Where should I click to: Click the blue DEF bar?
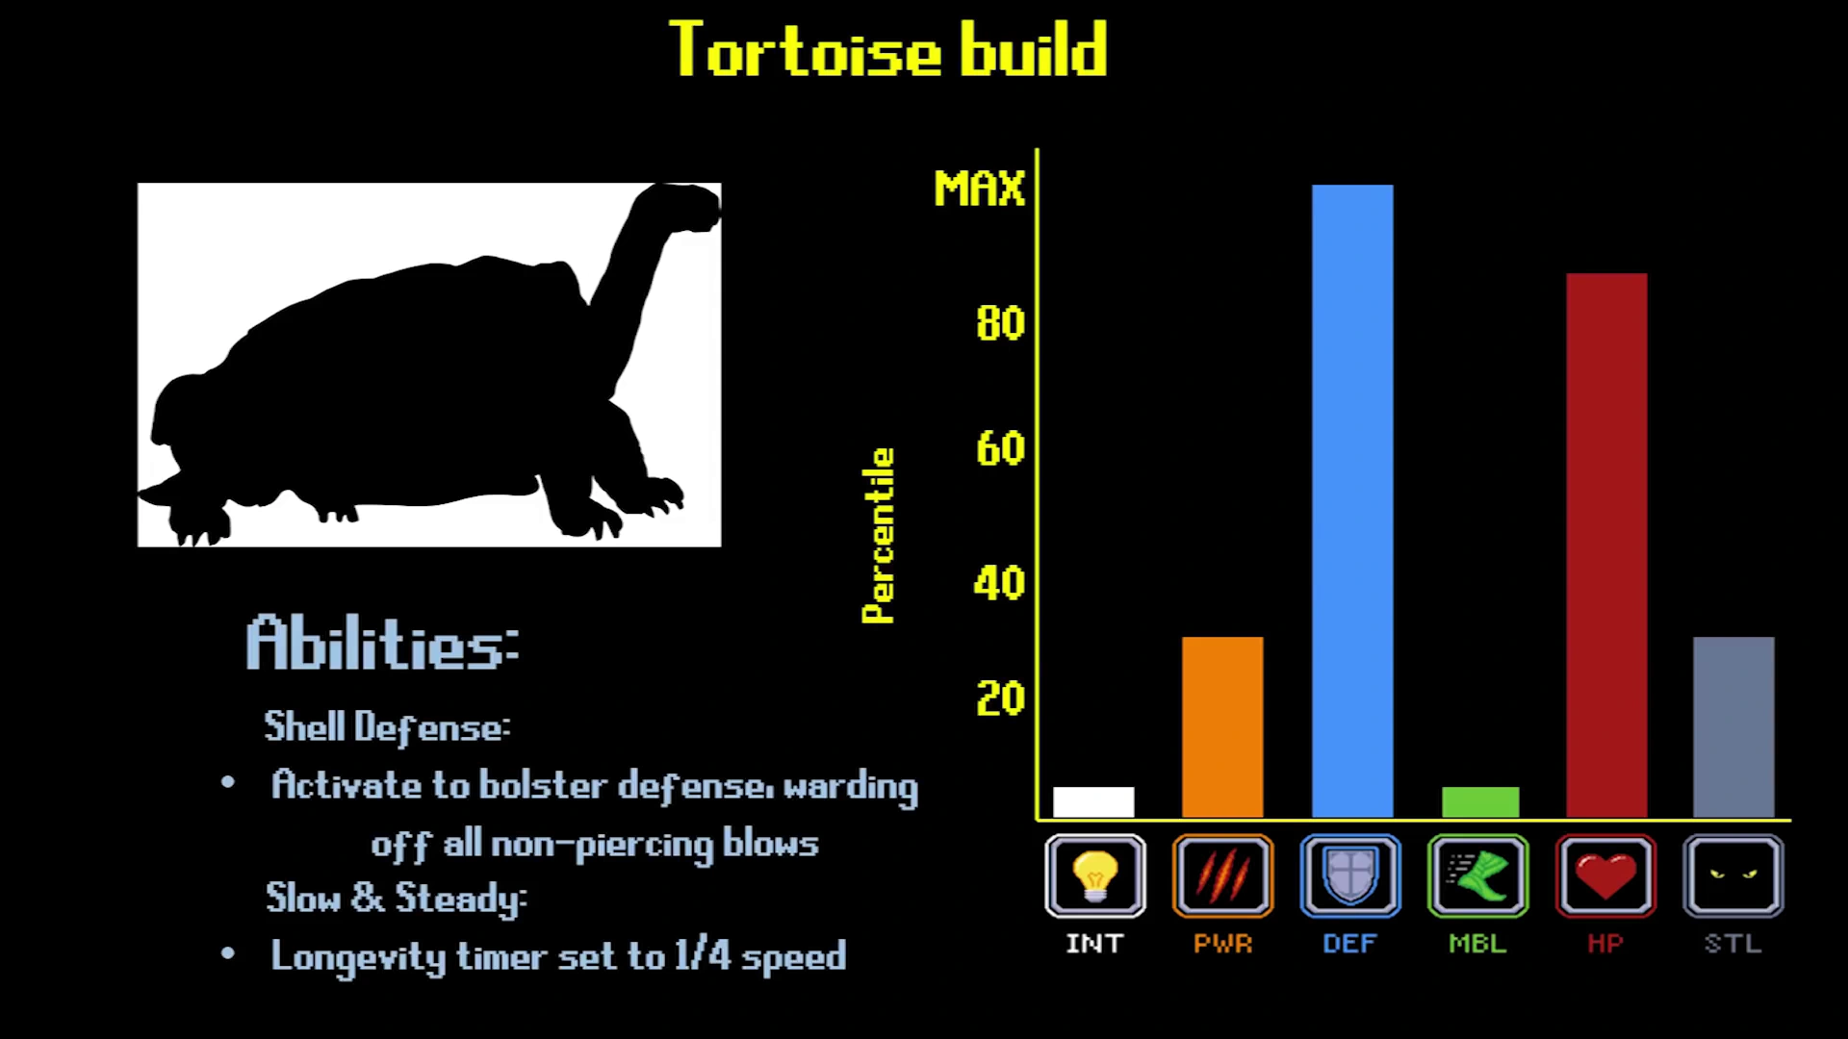1352,501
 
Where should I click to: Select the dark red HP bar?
1606,545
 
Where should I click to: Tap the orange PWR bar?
1222,727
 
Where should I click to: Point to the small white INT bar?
1093,802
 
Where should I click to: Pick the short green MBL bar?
1480,802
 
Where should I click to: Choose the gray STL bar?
1733,727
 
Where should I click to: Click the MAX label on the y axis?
979,189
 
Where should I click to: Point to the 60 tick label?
1000,449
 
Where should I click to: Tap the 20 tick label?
1000,699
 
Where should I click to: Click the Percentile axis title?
878,536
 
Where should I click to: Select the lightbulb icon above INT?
1095,875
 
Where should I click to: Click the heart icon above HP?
1605,875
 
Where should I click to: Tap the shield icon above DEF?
1350,875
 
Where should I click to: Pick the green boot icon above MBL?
1478,875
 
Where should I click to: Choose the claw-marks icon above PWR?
1222,875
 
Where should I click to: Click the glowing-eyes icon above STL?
1733,875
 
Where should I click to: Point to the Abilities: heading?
383,643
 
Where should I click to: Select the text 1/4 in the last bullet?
703,955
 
